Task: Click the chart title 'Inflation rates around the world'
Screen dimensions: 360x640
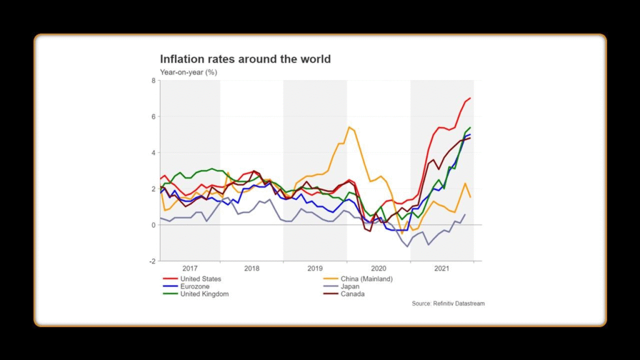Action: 245,59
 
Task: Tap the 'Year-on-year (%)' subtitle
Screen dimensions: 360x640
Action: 188,72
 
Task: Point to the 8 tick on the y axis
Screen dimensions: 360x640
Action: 153,81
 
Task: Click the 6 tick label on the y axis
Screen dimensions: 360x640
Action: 153,117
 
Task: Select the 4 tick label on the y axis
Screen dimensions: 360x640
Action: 153,152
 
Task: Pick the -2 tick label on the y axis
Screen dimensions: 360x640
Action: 152,261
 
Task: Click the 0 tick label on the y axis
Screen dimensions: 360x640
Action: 153,225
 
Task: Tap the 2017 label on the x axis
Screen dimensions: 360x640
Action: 189,269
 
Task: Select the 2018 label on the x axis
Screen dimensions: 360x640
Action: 252,269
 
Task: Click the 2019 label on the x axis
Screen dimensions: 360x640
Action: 315,269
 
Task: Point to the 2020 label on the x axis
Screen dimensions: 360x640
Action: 378,269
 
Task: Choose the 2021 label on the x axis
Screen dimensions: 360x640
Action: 441,269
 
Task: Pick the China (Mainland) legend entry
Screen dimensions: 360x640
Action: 366,279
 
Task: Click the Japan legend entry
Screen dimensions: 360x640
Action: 350,286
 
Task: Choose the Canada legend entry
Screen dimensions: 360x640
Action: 352,294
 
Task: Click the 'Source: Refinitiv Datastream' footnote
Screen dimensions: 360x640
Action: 448,304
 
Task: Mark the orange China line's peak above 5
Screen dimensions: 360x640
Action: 349,127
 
